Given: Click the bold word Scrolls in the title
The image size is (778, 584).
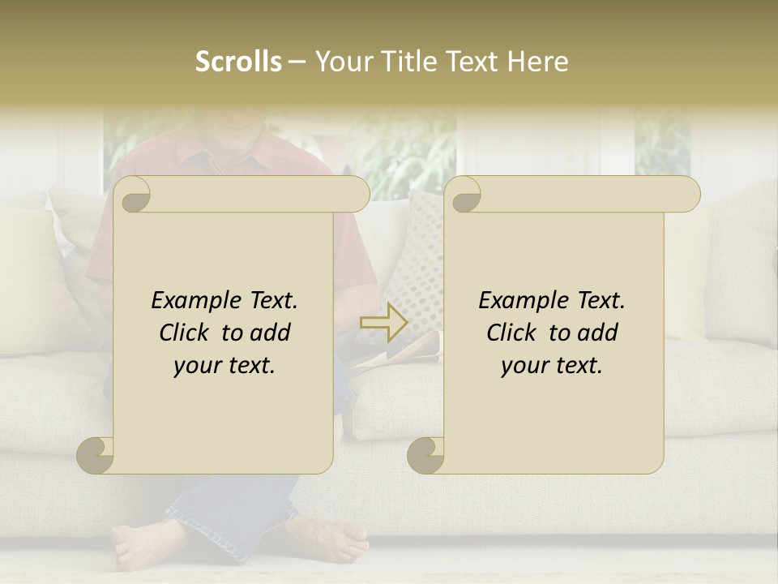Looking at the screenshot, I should coord(239,62).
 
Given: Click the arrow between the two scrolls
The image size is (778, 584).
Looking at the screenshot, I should coord(384,322).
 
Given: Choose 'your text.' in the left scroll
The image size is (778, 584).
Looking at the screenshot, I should coord(224,366).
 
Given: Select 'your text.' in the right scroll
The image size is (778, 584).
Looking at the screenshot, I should coord(551,366).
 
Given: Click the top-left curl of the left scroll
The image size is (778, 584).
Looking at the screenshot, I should coord(133,195).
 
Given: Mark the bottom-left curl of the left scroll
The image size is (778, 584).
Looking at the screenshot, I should coord(96,456).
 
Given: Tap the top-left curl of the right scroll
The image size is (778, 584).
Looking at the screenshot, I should coord(464,195).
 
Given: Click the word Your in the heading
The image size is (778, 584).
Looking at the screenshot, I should coord(343,62).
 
